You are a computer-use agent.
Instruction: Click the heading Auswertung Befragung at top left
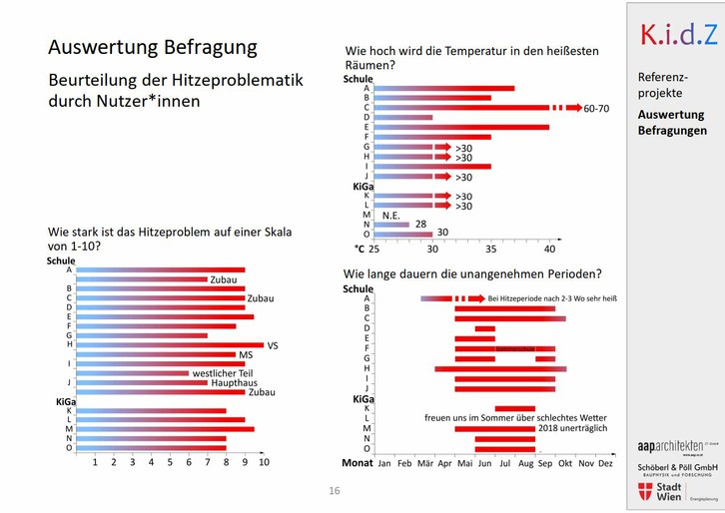[152, 47]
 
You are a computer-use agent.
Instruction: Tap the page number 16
[335, 490]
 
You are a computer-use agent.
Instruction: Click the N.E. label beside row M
[391, 215]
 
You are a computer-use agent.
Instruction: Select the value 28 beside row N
[420, 225]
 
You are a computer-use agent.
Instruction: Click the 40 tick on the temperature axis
[549, 248]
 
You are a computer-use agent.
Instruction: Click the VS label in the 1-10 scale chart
[272, 345]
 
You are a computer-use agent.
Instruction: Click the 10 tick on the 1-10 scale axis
[264, 461]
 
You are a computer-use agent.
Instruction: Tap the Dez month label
[605, 463]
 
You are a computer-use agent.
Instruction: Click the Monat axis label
[358, 463]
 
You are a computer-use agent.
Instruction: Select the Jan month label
[383, 463]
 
